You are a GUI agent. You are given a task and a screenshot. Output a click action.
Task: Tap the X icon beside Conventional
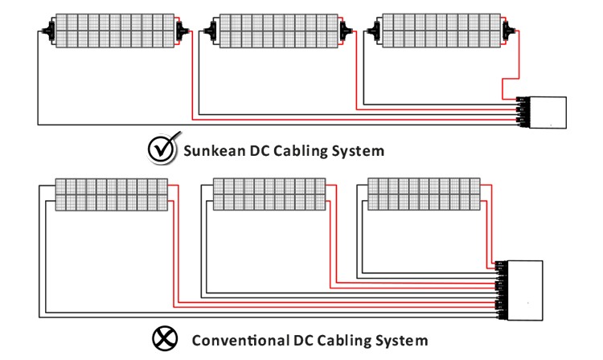click(x=166, y=339)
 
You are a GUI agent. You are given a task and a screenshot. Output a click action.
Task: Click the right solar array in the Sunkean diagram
click(x=437, y=31)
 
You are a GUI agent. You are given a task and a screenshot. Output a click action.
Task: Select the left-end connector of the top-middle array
click(x=211, y=33)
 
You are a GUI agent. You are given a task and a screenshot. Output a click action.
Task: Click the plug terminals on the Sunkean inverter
click(x=520, y=112)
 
